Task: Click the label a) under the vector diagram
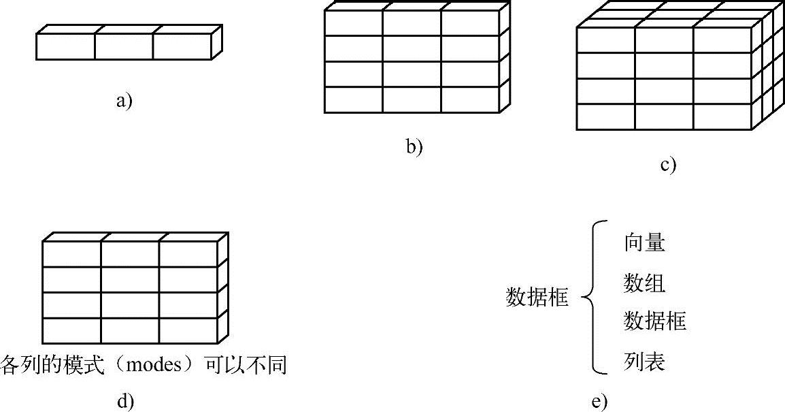click(124, 102)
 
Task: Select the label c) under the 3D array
click(667, 164)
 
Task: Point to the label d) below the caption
click(124, 401)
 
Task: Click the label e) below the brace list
click(599, 402)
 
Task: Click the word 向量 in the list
click(644, 243)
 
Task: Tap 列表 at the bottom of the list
click(644, 361)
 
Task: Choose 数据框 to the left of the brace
click(537, 298)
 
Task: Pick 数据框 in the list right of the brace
click(654, 321)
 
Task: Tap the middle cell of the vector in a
click(123, 46)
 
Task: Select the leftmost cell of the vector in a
click(65, 46)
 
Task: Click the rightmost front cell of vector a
click(182, 46)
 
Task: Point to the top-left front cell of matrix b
click(353, 22)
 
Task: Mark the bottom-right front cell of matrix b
click(469, 99)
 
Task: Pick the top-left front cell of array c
click(605, 40)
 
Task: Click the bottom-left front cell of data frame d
click(72, 330)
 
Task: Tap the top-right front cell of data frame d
click(188, 253)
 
